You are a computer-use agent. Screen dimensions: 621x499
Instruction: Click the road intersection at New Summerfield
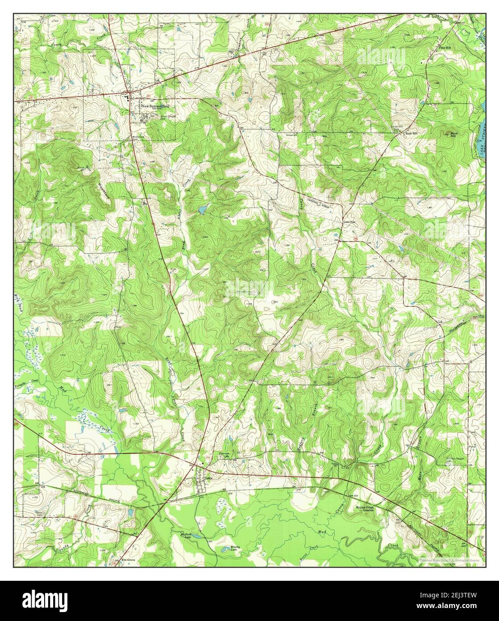[129, 92]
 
